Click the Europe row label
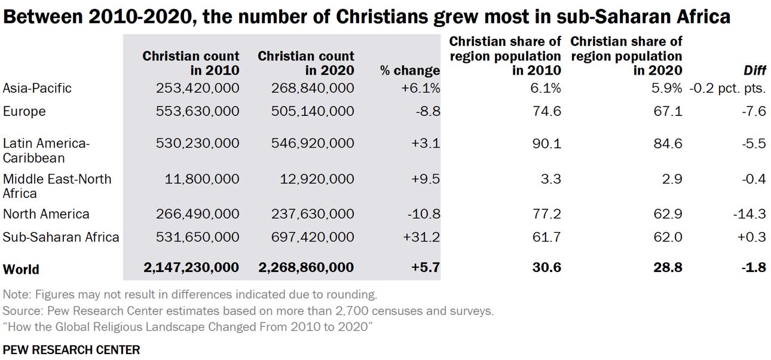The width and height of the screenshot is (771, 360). (x=24, y=112)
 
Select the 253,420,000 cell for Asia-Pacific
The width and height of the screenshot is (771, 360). (x=197, y=89)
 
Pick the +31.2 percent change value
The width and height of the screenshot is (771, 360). (x=422, y=237)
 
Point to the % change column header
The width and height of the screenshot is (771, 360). (x=410, y=71)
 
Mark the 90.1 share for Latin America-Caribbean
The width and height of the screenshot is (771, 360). (x=547, y=144)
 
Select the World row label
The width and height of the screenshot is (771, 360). (x=21, y=269)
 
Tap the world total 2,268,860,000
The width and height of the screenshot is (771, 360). (x=305, y=268)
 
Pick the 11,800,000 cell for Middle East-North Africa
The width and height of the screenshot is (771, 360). (x=203, y=179)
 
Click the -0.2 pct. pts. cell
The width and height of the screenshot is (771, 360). (x=727, y=89)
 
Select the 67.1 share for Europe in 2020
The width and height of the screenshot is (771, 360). (x=668, y=112)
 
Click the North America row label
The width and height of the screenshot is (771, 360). (x=46, y=214)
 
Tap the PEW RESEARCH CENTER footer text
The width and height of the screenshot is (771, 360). (x=71, y=349)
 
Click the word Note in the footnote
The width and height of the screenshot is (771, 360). (x=16, y=294)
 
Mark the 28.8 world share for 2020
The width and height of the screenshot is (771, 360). (x=668, y=268)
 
